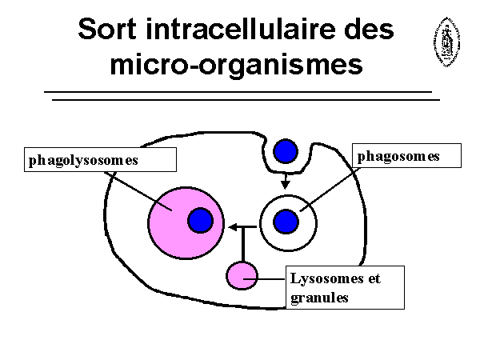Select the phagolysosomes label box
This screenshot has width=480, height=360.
(99, 160)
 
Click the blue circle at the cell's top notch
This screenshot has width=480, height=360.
(286, 150)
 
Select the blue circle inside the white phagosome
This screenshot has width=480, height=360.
(286, 221)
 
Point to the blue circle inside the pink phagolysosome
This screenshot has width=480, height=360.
(200, 220)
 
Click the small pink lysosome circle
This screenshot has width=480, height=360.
(242, 276)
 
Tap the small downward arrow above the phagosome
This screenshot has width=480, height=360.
(286, 186)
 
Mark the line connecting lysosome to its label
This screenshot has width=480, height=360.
(268, 279)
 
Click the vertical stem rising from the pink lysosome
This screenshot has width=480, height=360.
(242, 245)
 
